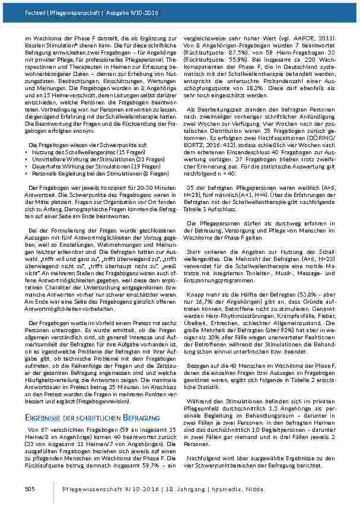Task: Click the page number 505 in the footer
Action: (29, 488)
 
